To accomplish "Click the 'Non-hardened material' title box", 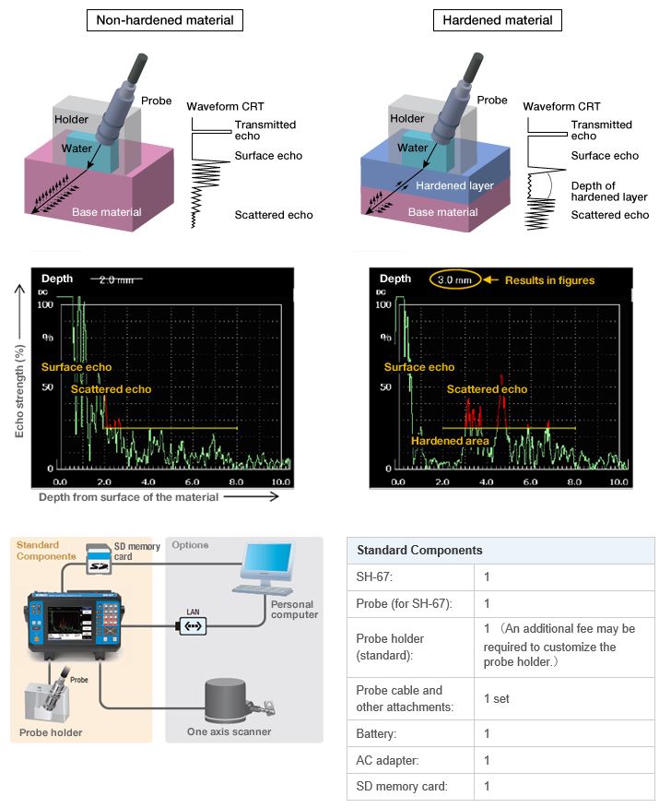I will [165, 20].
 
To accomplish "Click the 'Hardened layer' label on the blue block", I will [454, 185].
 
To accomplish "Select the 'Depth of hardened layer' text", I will [609, 191].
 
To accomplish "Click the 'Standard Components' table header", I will [419, 550].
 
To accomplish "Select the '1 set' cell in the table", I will [497, 698].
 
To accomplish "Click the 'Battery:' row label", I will [378, 733].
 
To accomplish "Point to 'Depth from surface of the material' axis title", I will [129, 497].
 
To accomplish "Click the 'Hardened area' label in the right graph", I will [450, 441].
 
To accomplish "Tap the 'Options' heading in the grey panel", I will [190, 545].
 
